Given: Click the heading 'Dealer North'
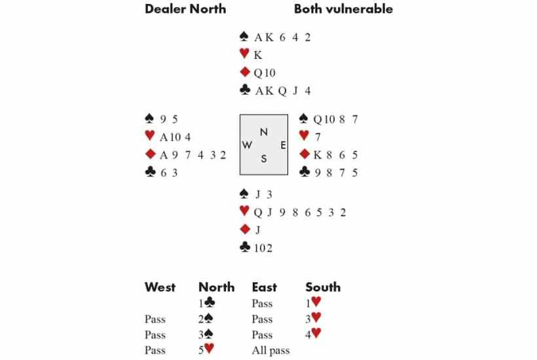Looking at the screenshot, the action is [x=185, y=9].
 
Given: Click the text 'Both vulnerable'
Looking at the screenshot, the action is [x=344, y=9].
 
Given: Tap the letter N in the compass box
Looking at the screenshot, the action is [x=264, y=132].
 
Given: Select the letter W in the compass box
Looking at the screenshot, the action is [x=247, y=145].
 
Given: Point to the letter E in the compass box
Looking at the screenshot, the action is [x=283, y=145].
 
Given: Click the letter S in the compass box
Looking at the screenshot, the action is [x=264, y=159].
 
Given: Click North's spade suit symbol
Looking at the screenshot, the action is [x=244, y=36].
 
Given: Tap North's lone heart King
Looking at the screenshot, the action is [x=258, y=55].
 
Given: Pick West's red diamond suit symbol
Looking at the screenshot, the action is [x=151, y=154].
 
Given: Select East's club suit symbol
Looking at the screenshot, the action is [x=305, y=171].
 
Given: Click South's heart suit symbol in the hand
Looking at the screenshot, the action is [x=244, y=211].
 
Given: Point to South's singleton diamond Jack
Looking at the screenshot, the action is [x=257, y=230].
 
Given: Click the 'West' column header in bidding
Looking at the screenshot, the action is [x=160, y=287].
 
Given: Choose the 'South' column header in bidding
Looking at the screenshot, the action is [x=323, y=287].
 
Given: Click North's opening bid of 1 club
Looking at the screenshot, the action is [x=207, y=302].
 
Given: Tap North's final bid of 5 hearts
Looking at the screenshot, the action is [x=206, y=349].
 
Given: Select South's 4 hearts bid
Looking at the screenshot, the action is [x=314, y=333].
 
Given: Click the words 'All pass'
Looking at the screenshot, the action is [x=271, y=350].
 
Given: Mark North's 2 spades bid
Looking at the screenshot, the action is [x=206, y=319].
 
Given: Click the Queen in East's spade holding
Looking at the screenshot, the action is [x=318, y=119].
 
